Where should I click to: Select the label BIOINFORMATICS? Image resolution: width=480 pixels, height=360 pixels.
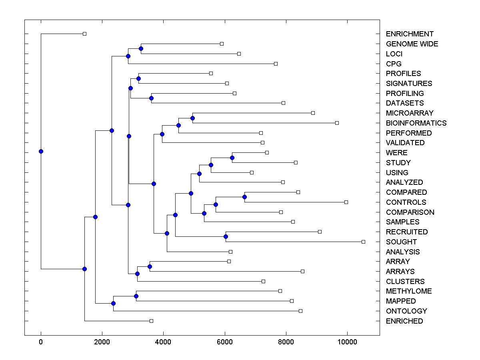416,123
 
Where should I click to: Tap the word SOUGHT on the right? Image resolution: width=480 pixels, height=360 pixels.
401,242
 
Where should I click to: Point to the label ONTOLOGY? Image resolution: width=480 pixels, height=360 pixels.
406,311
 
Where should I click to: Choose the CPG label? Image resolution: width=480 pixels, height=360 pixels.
394,64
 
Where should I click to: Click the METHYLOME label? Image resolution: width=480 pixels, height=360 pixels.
409,291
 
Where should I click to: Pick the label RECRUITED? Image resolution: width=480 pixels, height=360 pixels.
407,232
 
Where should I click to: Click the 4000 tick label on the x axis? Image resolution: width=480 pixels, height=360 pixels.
163,342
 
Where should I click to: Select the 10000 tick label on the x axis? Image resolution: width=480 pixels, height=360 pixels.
347,342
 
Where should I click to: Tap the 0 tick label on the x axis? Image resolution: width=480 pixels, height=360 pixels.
41,342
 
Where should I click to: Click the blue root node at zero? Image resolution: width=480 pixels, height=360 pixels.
41,151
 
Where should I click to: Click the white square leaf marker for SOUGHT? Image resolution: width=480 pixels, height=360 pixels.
363,242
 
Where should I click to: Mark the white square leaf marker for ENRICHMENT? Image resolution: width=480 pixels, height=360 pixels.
84,34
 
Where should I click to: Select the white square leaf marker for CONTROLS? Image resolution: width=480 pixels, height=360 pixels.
346,202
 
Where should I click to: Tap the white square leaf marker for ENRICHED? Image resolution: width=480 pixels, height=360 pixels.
151,321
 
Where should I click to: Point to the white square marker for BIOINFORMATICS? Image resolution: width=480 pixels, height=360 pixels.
337,123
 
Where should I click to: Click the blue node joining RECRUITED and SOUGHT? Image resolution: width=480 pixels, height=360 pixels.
226,236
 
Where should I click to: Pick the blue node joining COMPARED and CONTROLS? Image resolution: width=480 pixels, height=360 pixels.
244,197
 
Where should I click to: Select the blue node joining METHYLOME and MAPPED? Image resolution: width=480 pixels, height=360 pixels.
136,296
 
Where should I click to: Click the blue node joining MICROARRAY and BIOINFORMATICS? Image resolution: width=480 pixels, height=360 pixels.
192,118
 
